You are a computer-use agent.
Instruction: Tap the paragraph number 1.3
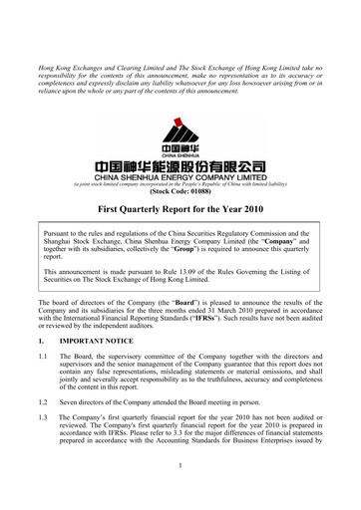[x=39, y=443]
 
